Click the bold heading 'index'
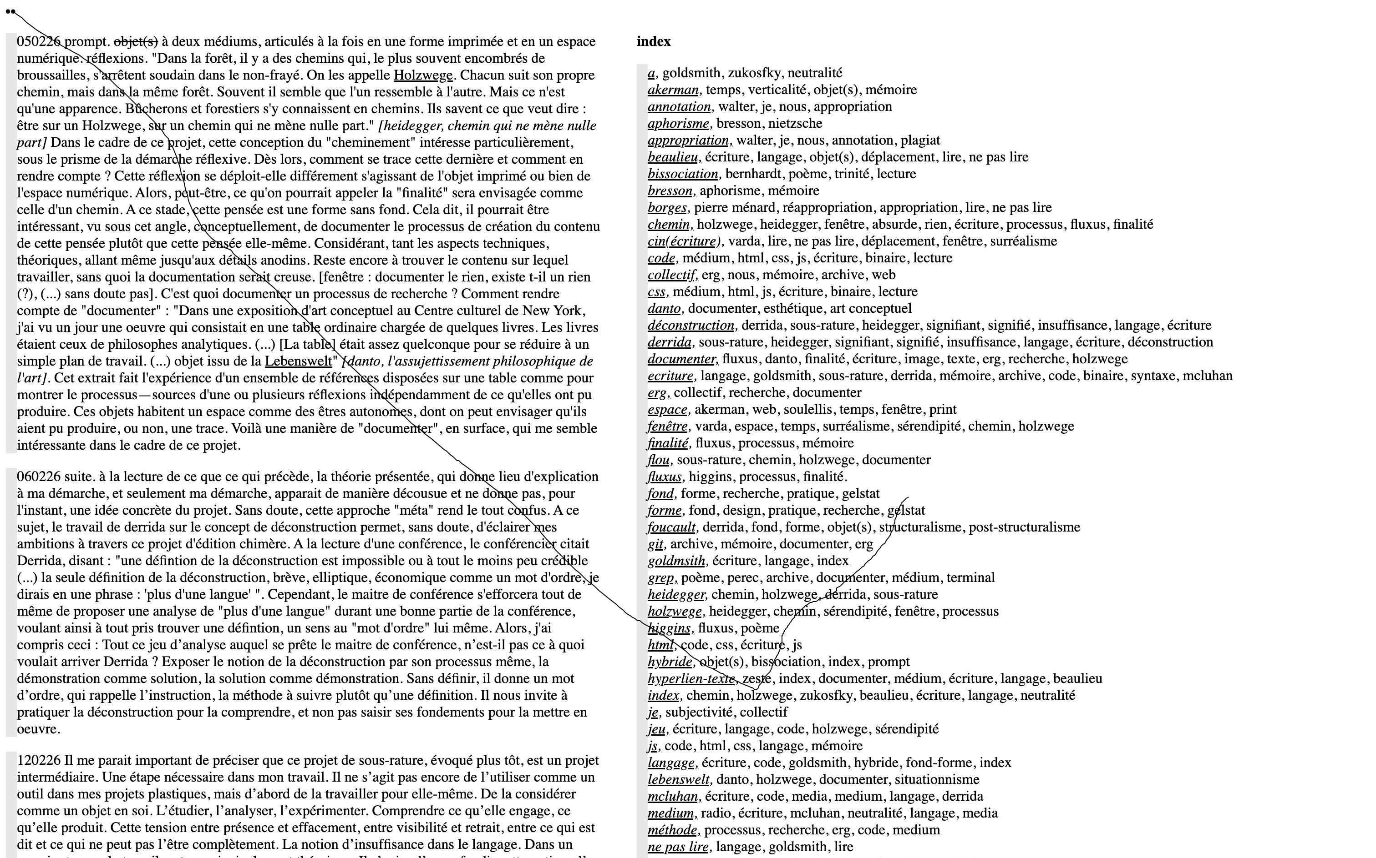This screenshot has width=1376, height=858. tap(653, 41)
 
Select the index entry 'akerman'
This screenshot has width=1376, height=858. tap(673, 90)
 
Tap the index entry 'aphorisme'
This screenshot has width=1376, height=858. tap(678, 123)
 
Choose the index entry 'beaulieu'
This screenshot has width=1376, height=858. tap(673, 157)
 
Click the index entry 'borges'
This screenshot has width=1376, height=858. tap(667, 208)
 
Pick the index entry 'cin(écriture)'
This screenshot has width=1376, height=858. tap(684, 241)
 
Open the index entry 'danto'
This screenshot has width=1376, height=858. tap(664, 309)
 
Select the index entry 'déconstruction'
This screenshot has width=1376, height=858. tap(691, 325)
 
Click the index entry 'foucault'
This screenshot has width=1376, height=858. tap(671, 527)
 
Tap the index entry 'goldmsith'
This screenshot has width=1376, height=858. tap(676, 561)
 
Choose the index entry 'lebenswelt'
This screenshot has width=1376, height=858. tap(678, 780)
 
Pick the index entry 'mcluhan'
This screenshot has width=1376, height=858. tap(673, 796)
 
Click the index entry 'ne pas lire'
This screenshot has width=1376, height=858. tap(677, 847)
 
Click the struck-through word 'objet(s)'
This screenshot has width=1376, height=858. tap(136, 41)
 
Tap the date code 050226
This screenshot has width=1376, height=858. tap(39, 41)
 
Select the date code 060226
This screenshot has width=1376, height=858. tap(39, 477)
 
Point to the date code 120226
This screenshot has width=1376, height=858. tap(39, 760)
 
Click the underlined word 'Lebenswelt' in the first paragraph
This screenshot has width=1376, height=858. tap(298, 361)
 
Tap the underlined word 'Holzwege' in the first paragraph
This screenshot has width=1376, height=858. tap(423, 75)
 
